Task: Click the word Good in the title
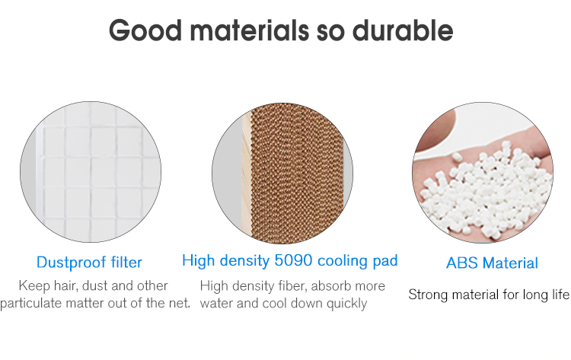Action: point(145,30)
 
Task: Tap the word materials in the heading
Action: point(250,30)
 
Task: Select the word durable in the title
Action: point(403,30)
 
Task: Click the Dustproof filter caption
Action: point(89,262)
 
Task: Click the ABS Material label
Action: point(492,263)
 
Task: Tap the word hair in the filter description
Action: point(65,285)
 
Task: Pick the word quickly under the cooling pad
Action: point(346,304)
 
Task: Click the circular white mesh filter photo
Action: point(91,172)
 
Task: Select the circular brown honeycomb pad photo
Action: point(282,174)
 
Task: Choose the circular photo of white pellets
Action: point(483,173)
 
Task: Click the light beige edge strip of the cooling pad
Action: point(247,173)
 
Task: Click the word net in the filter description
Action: point(180,303)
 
